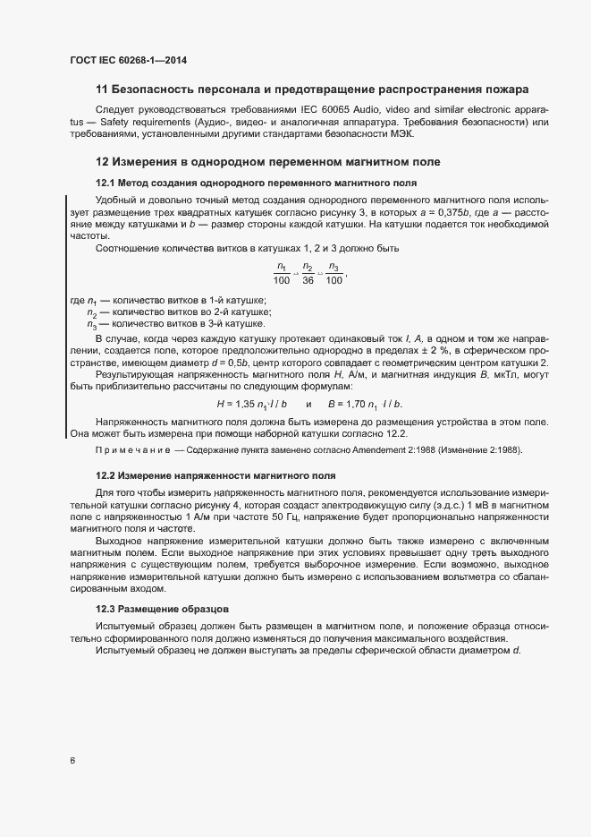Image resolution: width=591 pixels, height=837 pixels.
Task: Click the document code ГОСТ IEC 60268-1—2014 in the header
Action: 128,61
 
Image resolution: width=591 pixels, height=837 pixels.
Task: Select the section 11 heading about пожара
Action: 311,90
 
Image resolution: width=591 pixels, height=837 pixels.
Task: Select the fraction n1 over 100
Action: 283,273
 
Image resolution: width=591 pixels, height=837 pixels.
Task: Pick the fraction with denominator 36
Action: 308,273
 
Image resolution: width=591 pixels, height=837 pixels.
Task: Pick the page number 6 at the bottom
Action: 72,761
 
